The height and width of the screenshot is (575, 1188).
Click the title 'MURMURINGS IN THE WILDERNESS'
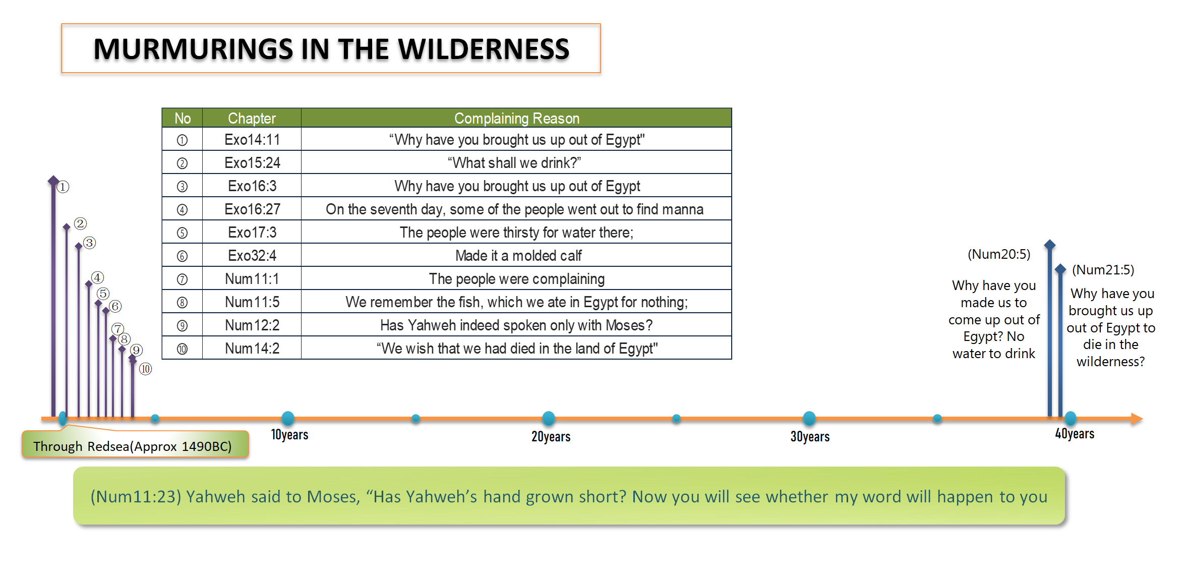[x=331, y=49]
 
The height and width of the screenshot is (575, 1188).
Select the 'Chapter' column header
[x=252, y=118]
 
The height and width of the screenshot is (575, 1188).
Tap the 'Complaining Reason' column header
[x=516, y=118]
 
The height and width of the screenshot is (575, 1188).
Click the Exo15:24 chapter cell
[x=252, y=162]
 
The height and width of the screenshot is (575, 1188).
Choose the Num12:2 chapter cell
[x=252, y=325]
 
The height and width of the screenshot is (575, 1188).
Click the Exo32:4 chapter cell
[x=252, y=255]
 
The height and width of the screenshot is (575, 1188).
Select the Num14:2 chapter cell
[x=252, y=348]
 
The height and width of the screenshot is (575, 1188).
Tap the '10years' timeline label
[x=289, y=435]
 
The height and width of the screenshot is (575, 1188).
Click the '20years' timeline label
[x=551, y=437]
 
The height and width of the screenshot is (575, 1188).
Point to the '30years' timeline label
[x=810, y=437]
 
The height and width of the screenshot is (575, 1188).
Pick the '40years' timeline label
[x=1075, y=434]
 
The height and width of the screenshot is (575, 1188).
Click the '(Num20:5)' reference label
[x=999, y=254]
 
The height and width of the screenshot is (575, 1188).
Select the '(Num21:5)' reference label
[x=1103, y=270]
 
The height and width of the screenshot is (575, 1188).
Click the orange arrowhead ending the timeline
[x=1137, y=419]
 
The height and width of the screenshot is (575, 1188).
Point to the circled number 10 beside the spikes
[x=145, y=369]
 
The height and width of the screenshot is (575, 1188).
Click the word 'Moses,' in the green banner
[x=334, y=497]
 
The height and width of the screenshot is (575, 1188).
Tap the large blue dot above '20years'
[x=549, y=418]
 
